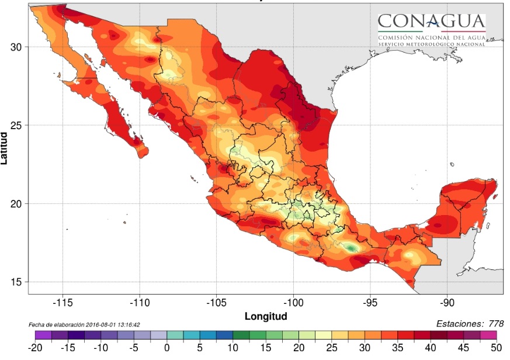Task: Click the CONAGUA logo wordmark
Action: tap(431, 22)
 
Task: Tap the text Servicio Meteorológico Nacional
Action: tap(431, 44)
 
